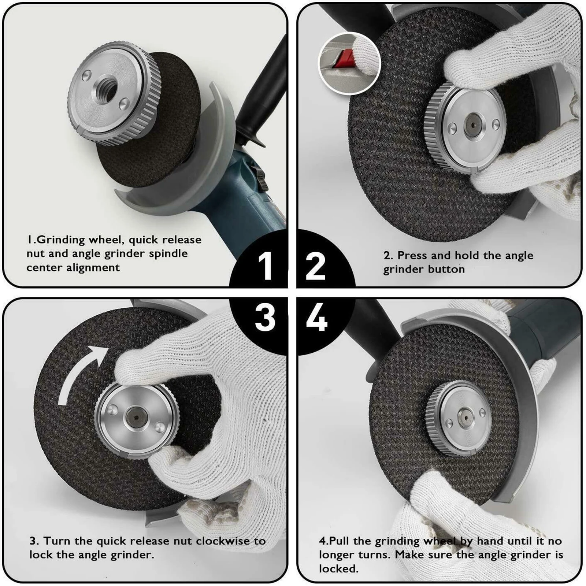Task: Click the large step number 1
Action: click(x=265, y=266)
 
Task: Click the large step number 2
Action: click(x=315, y=266)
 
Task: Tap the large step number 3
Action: click(x=265, y=318)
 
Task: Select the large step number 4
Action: click(x=317, y=318)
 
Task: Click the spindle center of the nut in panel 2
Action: click(x=473, y=125)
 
